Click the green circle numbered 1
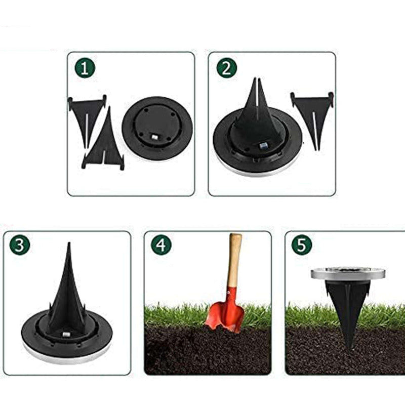tap(85, 68)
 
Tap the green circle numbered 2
tap(226, 68)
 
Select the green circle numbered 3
tap(20, 245)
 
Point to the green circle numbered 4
tap(161, 245)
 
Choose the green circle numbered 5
tap(302, 245)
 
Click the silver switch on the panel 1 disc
tap(154, 137)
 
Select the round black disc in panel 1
tap(157, 129)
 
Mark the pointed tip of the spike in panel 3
tap(69, 243)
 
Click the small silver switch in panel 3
tap(66, 335)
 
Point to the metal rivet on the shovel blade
tap(228, 293)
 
